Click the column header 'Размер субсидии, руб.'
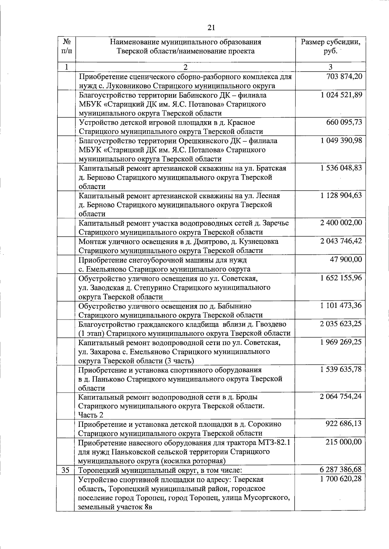click(330, 47)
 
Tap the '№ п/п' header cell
click(66, 47)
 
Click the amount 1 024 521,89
click(341, 95)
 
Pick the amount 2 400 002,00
click(341, 223)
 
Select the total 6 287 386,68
click(341, 470)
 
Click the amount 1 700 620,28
click(341, 479)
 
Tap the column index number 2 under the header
click(185, 67)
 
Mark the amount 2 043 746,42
click(341, 241)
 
